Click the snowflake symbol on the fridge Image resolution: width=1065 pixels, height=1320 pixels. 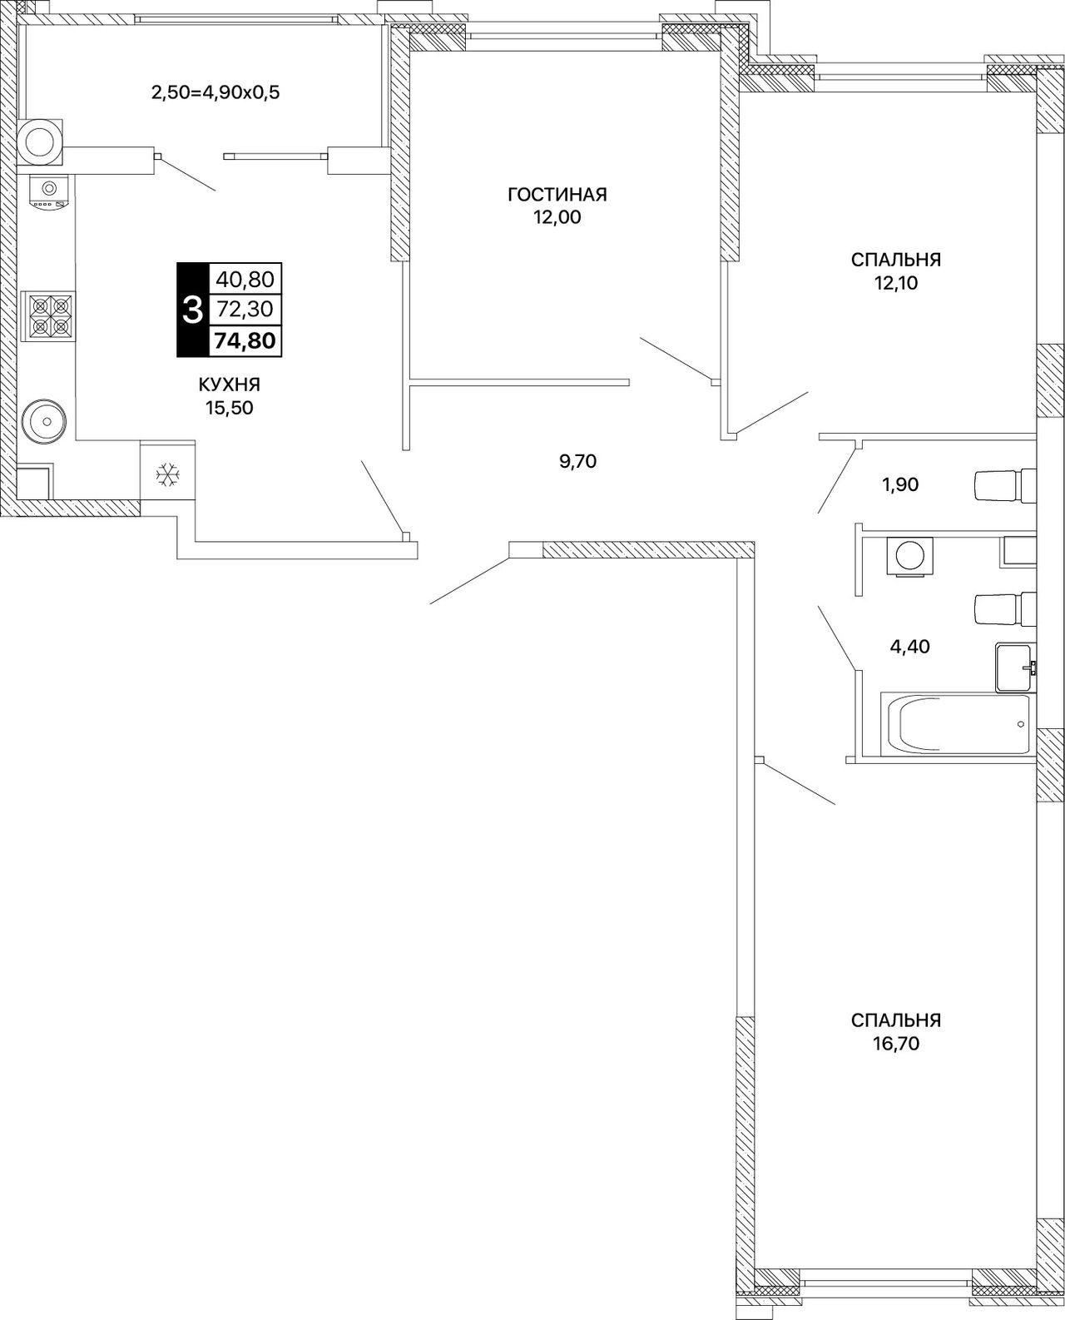tap(167, 475)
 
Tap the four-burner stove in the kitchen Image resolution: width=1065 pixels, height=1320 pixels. tap(47, 316)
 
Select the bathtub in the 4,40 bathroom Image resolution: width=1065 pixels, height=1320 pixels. tap(958, 724)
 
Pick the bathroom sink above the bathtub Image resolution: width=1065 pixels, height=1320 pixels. tap(1016, 667)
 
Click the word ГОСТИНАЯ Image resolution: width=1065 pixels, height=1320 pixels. tap(557, 195)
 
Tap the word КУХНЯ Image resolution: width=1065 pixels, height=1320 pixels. tap(230, 385)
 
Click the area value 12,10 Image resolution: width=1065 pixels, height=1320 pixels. tap(896, 283)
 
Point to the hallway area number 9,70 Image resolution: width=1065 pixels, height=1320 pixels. tap(577, 461)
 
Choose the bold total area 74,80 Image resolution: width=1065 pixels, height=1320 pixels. tap(245, 340)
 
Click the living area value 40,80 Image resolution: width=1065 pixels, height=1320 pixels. tap(245, 280)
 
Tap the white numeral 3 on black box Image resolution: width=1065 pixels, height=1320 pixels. tap(193, 310)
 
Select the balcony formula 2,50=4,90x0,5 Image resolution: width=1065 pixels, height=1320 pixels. tap(215, 93)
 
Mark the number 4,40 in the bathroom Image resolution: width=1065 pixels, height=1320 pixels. tap(909, 647)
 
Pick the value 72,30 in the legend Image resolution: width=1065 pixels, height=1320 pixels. tap(245, 309)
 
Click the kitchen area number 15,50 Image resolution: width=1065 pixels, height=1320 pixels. tap(230, 408)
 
